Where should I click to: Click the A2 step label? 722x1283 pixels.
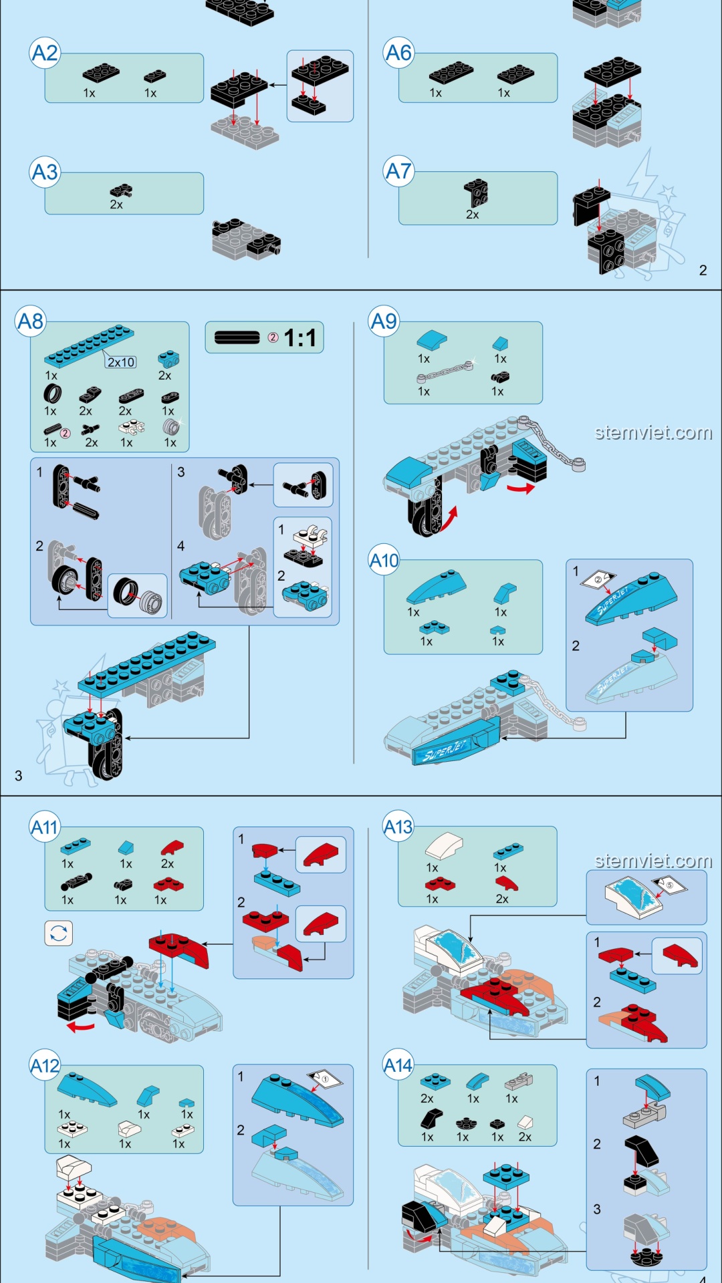pyautogui.click(x=45, y=53)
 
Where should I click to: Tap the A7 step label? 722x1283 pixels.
pyautogui.click(x=398, y=172)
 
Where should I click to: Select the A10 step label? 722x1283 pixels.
pyautogui.click(x=384, y=561)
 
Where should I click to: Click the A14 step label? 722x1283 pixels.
pyautogui.click(x=398, y=1065)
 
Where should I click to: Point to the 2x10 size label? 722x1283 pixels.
pyautogui.click(x=121, y=362)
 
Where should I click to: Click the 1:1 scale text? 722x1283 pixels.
pyautogui.click(x=299, y=338)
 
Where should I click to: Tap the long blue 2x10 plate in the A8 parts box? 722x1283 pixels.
pyautogui.click(x=88, y=345)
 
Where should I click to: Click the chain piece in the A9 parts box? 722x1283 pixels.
pyautogui.click(x=445, y=372)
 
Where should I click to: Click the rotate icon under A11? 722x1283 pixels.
pyautogui.click(x=58, y=933)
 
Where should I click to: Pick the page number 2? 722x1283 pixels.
pyautogui.click(x=703, y=270)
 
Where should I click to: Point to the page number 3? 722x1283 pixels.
pyautogui.click(x=19, y=776)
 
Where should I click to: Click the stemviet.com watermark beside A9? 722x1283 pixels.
pyautogui.click(x=653, y=433)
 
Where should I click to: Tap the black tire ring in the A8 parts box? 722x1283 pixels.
pyautogui.click(x=52, y=394)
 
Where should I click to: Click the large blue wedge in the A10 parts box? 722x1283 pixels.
pyautogui.click(x=435, y=587)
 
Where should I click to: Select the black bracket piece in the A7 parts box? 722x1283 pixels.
pyautogui.click(x=476, y=192)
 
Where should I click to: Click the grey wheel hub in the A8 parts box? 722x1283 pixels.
pyautogui.click(x=171, y=426)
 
